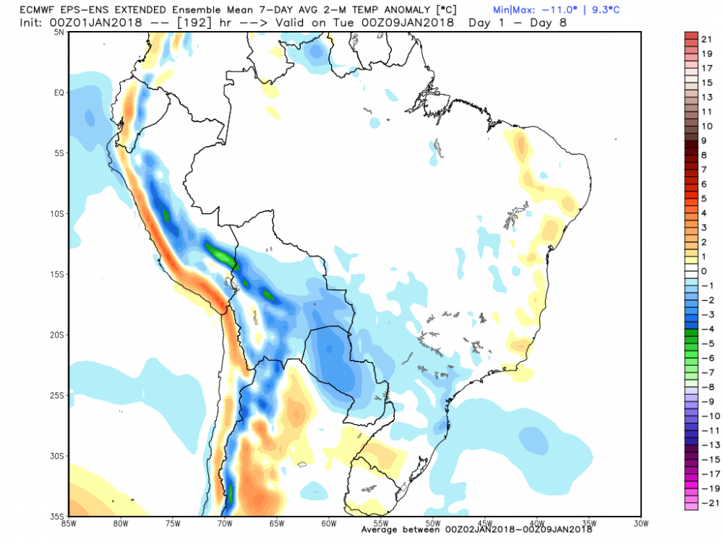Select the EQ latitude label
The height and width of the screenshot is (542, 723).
click(x=59, y=93)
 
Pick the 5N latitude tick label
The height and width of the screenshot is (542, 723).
click(x=59, y=32)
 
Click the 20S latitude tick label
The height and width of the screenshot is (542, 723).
click(x=58, y=335)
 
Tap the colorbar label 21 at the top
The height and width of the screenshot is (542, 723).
click(x=708, y=38)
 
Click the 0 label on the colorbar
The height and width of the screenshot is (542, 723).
click(x=703, y=271)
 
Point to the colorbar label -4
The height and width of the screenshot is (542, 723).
click(x=705, y=329)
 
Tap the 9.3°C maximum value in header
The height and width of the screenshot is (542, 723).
click(x=604, y=10)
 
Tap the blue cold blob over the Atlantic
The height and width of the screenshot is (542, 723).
click(x=534, y=436)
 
